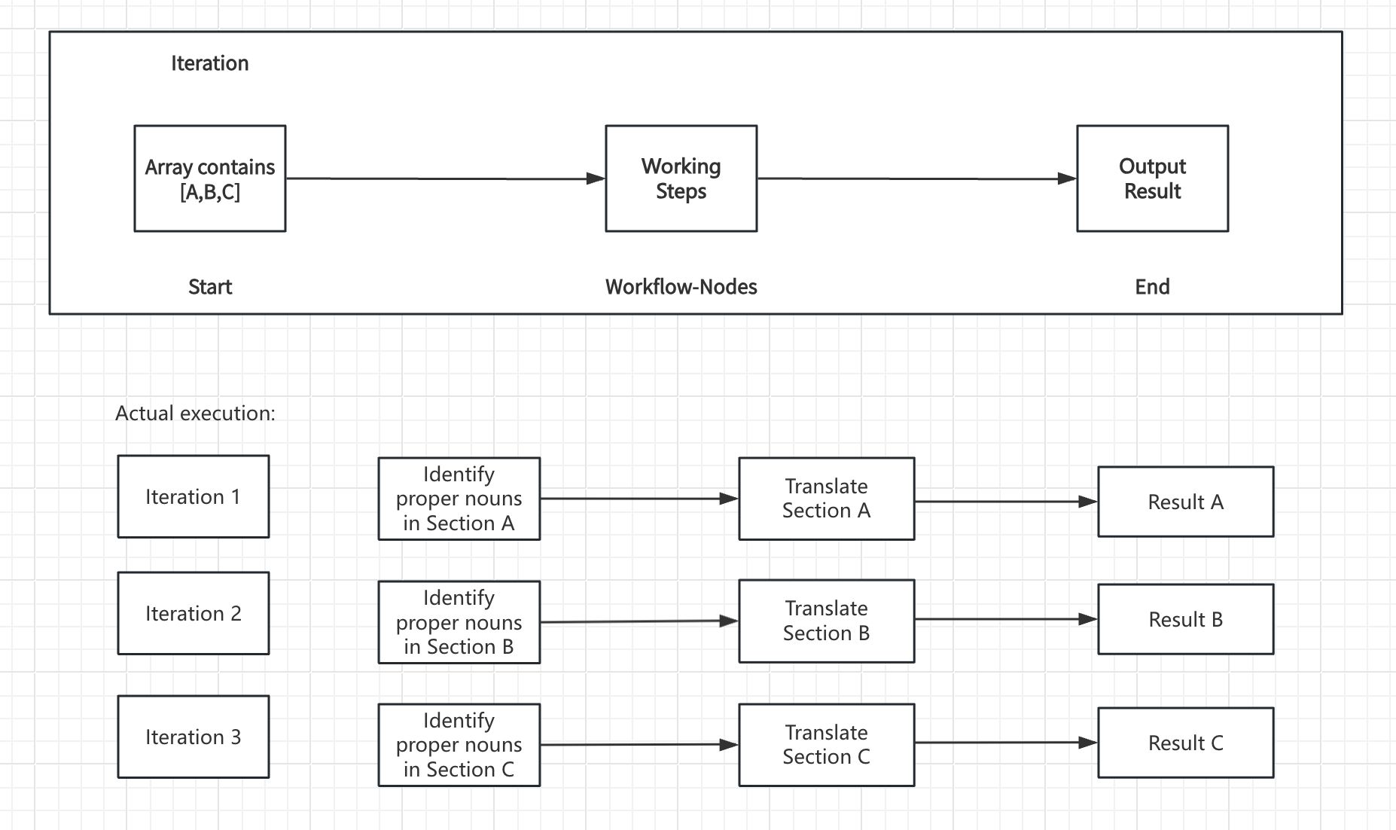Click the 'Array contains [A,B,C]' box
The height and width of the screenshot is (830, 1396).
[210, 179]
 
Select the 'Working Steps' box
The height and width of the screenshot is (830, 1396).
[681, 179]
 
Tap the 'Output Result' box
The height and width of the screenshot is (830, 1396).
[1153, 179]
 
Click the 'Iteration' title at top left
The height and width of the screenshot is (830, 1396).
[210, 63]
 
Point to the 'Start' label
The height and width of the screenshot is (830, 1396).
[210, 287]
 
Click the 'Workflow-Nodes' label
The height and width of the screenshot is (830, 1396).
[681, 287]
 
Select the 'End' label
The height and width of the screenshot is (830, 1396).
[1153, 287]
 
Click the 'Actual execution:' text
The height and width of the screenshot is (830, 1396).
[196, 413]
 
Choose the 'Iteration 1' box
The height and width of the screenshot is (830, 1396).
[194, 496]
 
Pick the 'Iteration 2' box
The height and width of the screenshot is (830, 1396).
[194, 613]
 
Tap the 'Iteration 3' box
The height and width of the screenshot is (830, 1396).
[194, 737]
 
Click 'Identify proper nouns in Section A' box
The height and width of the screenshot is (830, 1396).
[459, 499]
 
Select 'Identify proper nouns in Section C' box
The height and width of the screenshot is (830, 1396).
[459, 745]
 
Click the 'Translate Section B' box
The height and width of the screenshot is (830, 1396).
[827, 621]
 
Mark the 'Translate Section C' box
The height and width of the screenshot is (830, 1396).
[827, 745]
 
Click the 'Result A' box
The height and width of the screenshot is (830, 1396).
[1186, 502]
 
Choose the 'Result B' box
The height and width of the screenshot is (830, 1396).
[1186, 619]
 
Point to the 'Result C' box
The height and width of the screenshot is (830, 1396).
[1186, 743]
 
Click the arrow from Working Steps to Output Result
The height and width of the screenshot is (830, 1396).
[917, 179]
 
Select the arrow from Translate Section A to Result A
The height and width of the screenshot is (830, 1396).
[1006, 502]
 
